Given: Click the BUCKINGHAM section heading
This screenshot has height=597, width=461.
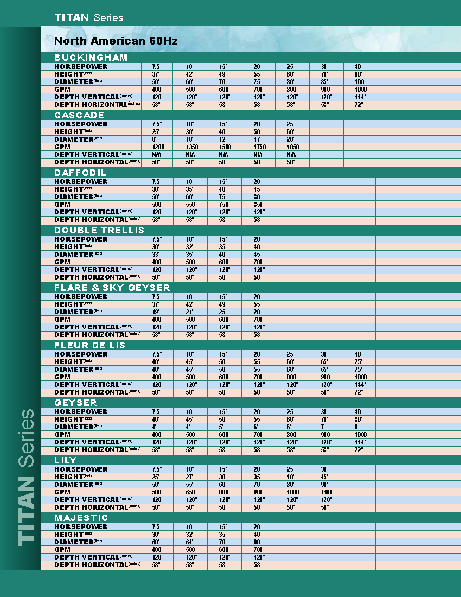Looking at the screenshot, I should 91,58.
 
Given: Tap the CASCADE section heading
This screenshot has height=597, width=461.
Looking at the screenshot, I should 79,115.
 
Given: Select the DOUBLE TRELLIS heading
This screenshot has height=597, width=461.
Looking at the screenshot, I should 99,230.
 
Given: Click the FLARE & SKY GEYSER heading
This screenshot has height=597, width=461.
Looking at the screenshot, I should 112,288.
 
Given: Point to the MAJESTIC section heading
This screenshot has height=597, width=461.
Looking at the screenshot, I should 81,518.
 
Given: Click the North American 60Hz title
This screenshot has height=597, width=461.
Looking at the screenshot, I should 116,41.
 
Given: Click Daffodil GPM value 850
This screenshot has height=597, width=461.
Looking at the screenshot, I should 258,205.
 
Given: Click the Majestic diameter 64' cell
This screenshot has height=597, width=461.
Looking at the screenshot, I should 190,542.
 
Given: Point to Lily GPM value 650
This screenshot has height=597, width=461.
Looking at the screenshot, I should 190,492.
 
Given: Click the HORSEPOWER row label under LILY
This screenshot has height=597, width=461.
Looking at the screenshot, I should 81,469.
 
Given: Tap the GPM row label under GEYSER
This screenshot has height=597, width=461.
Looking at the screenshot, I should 62,435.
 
